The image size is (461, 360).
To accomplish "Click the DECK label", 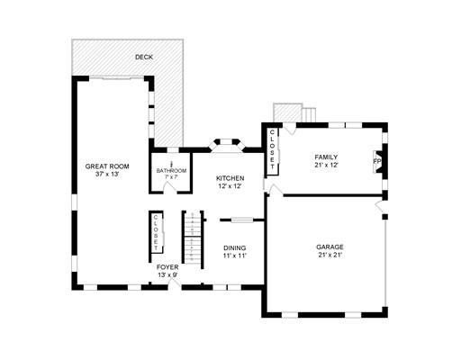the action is pyautogui.click(x=144, y=57).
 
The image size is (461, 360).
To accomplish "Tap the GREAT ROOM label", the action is pyautogui.click(x=107, y=166).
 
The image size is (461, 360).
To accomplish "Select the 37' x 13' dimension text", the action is pyautogui.click(x=107, y=174).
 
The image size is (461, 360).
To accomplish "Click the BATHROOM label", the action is pyautogui.click(x=171, y=171).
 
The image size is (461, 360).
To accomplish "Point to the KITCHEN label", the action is pyautogui.click(x=230, y=178).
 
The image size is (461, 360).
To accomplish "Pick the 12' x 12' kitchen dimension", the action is pyautogui.click(x=230, y=186).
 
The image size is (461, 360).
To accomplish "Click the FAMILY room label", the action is pyautogui.click(x=326, y=157).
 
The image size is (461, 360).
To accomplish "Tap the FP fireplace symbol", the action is pyautogui.click(x=378, y=161).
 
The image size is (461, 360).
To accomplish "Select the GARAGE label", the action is pyautogui.click(x=330, y=247).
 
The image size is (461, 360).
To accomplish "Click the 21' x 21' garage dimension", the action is pyautogui.click(x=330, y=255).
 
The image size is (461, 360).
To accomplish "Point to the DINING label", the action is pyautogui.click(x=235, y=248).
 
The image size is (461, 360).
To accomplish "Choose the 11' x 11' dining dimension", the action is pyautogui.click(x=235, y=256).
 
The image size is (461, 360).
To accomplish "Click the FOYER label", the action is pyautogui.click(x=167, y=267).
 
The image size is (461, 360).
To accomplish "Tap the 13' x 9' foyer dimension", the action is pyautogui.click(x=167, y=275).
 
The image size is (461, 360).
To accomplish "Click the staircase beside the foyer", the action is pyautogui.click(x=193, y=238).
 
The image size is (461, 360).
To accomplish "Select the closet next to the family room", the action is pyautogui.click(x=273, y=151).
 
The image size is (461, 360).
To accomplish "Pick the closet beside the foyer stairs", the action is pyautogui.click(x=157, y=232).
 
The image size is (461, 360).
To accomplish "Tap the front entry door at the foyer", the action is pyautogui.click(x=175, y=283).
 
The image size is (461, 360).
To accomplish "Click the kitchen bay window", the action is pyautogui.click(x=227, y=145).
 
